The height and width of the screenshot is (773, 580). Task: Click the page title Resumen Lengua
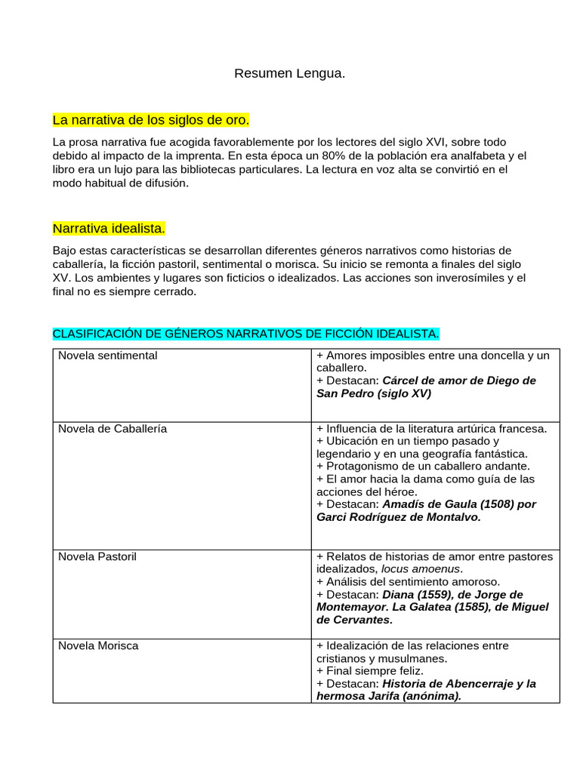[289, 73]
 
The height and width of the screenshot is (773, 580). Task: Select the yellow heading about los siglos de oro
[150, 120]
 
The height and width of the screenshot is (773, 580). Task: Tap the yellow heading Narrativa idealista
[109, 228]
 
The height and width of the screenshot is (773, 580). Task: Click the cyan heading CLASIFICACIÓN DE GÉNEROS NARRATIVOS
[245, 333]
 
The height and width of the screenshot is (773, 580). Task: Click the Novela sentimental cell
[108, 355]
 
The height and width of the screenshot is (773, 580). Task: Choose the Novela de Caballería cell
[113, 428]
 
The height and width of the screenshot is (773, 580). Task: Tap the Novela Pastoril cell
[97, 556]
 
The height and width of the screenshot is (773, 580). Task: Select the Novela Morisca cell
[98, 645]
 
